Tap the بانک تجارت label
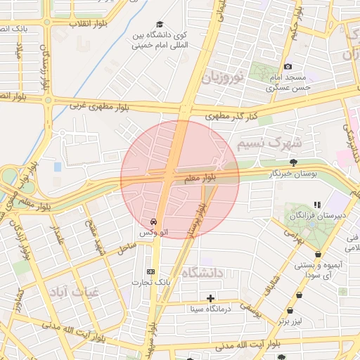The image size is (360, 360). tap(150, 282)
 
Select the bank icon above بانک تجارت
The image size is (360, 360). tap(150, 271)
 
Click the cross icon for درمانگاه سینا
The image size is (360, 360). tap(210, 298)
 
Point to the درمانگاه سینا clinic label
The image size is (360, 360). tap(210, 309)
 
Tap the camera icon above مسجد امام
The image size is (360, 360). tap(288, 66)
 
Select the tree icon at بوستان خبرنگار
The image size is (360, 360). tap(293, 162)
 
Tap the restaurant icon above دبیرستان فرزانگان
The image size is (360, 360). tap(317, 205)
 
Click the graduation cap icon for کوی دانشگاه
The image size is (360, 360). tap(160, 24)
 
